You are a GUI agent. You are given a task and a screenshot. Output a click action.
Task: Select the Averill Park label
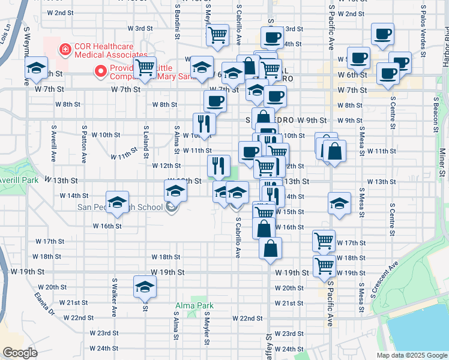[x=19, y=180]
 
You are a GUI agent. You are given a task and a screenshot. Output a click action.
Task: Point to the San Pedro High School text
[x=120, y=208]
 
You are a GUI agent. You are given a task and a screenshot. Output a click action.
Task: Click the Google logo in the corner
[x=20, y=353]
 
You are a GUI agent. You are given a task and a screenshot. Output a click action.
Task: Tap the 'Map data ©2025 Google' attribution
[x=411, y=355]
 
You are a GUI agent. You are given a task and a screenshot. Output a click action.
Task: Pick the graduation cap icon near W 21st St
[x=145, y=287]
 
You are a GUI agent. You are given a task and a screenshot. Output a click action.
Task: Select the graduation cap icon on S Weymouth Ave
[x=37, y=68]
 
